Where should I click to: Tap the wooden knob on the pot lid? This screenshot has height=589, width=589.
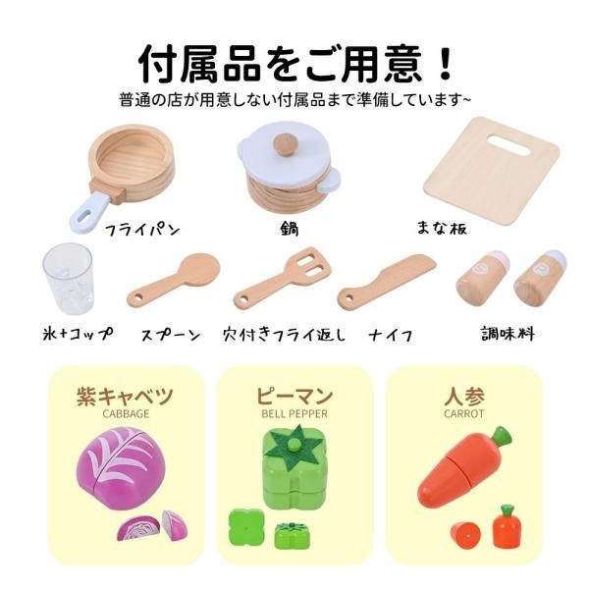pos(286,145)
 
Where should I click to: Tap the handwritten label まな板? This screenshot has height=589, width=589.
pos(442,230)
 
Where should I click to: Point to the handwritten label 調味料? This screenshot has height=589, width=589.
pos(510,333)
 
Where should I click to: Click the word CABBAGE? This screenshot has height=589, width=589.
pos(126,414)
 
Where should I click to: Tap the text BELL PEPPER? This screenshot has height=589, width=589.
pos(294,414)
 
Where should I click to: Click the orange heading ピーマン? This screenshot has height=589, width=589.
pos(294,396)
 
